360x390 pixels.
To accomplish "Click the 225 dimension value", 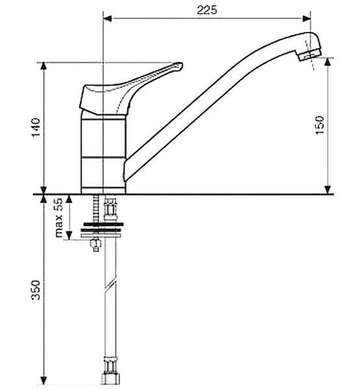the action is pyautogui.click(x=207, y=10).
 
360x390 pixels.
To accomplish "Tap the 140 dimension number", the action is pyautogui.click(x=36, y=127).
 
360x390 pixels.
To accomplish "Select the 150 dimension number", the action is pyautogui.click(x=320, y=125).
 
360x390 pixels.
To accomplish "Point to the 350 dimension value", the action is pyautogui.click(x=36, y=290).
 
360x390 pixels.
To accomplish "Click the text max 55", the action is pyautogui.click(x=58, y=218).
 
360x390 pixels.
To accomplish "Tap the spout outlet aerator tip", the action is pyautogui.click(x=310, y=55).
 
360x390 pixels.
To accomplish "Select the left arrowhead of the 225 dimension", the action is pyautogui.click(x=107, y=18).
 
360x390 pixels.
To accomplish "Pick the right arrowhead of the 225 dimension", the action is pyautogui.click(x=306, y=18).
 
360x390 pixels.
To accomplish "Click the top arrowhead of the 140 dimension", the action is pyautogui.click(x=44, y=66).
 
